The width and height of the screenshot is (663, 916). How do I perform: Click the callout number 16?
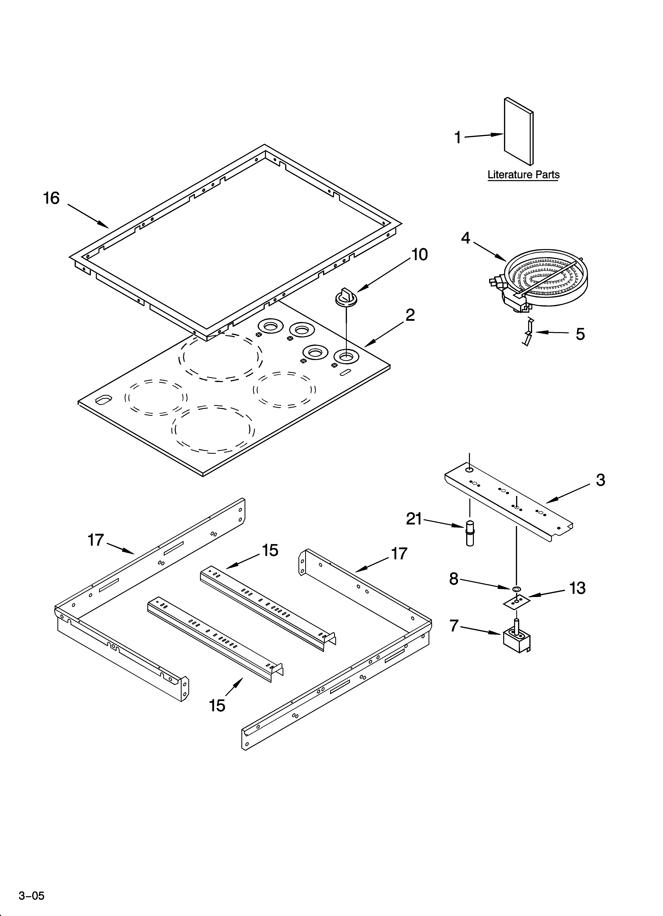click(x=51, y=198)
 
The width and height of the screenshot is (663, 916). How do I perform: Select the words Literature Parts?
click(x=523, y=175)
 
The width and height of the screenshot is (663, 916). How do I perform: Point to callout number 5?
click(x=580, y=334)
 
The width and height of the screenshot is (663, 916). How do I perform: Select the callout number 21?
click(x=414, y=519)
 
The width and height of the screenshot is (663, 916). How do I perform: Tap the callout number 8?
click(x=454, y=579)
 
